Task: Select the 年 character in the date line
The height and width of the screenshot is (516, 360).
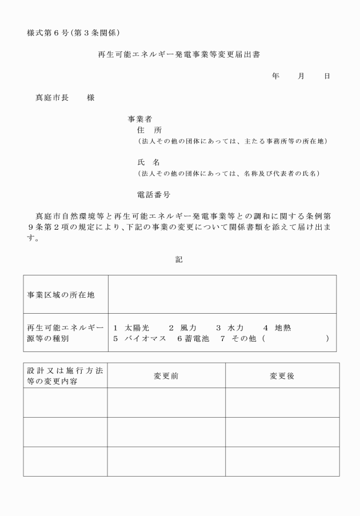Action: coord(275,75)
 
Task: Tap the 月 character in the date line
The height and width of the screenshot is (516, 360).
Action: coord(301,75)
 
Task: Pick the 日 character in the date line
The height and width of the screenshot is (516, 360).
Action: coord(327,75)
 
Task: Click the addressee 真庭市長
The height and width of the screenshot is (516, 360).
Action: coord(52,98)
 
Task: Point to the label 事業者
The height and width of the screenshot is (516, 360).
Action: coord(139,119)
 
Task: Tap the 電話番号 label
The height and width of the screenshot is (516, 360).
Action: coord(154,195)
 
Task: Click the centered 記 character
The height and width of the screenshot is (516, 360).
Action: coord(179,259)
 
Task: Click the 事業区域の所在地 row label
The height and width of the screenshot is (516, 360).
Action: coord(61,295)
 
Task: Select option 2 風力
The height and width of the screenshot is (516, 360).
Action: coord(183,328)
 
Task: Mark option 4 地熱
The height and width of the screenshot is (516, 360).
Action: coord(278,328)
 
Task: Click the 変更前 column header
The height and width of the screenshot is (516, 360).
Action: coord(166,376)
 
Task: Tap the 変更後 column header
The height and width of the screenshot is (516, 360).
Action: coord(282,376)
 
